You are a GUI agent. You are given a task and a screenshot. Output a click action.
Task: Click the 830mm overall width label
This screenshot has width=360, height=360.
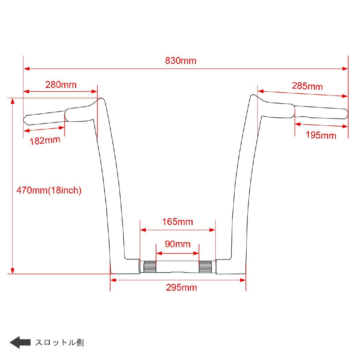click(181, 61)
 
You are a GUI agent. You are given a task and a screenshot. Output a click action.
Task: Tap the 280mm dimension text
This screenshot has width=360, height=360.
click(61, 85)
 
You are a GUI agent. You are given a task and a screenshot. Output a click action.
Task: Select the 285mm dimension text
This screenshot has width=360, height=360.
click(307, 86)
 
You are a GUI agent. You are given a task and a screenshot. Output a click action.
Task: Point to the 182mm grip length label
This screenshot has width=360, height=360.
click(45, 140)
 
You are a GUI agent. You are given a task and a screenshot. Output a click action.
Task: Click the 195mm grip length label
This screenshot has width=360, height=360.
click(321, 135)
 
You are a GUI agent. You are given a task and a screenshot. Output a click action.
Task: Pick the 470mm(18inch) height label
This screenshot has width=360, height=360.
click(49, 190)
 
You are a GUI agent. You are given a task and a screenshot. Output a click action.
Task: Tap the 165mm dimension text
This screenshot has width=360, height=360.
click(178, 222)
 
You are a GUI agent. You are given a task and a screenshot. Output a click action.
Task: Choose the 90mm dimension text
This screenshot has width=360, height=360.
click(178, 244)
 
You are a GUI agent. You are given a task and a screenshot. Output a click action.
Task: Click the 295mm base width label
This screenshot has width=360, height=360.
click(181, 287)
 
